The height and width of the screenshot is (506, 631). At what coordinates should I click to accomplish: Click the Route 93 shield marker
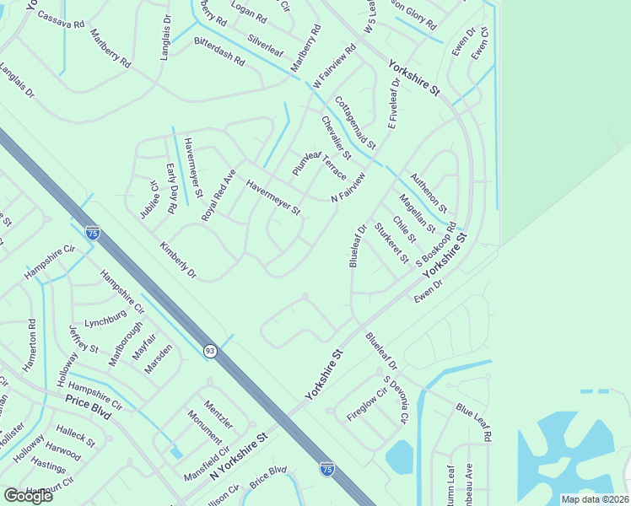click(x=210, y=349)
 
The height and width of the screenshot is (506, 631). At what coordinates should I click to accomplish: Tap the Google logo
click(x=28, y=495)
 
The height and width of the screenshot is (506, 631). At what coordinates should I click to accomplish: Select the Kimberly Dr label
click(x=177, y=261)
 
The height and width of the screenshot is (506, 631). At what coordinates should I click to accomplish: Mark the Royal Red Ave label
click(x=218, y=196)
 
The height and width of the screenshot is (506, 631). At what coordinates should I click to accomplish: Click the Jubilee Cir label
click(x=149, y=199)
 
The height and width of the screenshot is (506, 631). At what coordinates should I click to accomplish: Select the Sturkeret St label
click(x=391, y=241)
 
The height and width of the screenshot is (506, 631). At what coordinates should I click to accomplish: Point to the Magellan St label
click(x=417, y=213)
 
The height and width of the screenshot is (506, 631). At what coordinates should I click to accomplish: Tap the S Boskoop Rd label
click(x=436, y=244)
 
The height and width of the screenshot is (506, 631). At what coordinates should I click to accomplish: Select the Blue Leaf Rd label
click(x=475, y=421)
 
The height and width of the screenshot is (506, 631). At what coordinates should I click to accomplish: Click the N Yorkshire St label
click(x=238, y=455)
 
